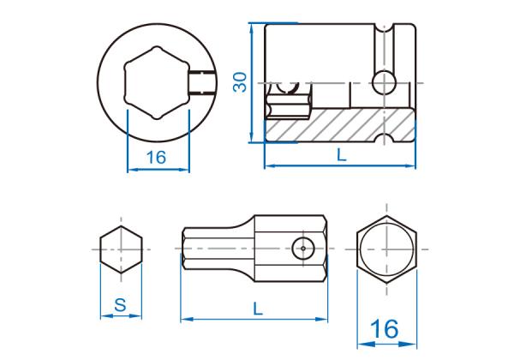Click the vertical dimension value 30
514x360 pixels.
(x=240, y=82)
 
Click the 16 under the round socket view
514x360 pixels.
(x=157, y=158)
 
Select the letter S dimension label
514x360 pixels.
(x=120, y=305)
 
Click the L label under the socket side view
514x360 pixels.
(x=342, y=154)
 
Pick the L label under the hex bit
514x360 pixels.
(x=258, y=309)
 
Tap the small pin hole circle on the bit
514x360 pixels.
(x=303, y=249)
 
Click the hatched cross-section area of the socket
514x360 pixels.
(x=341, y=125)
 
